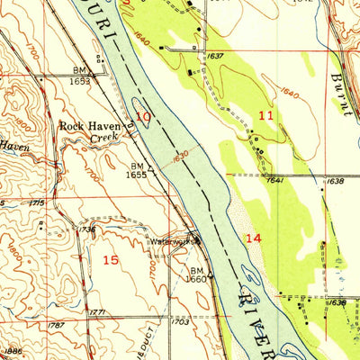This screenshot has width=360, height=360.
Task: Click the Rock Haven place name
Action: click(x=89, y=127)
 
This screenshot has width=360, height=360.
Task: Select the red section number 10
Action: click(x=141, y=115)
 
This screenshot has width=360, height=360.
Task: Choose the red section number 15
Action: click(x=111, y=259)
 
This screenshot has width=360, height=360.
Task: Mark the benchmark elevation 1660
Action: click(x=198, y=278)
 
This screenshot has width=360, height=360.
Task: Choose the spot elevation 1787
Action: click(x=56, y=311)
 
